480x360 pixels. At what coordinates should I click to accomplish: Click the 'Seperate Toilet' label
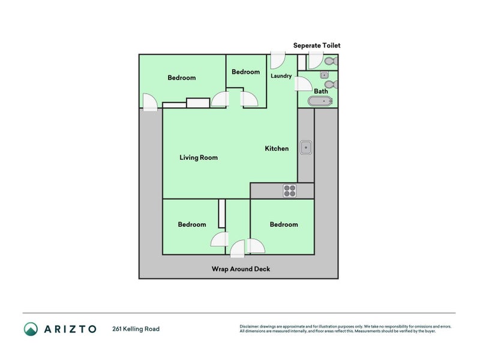point(317,46)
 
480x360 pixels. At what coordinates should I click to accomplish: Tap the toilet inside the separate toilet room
point(329,61)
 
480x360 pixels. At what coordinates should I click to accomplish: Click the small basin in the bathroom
point(324,75)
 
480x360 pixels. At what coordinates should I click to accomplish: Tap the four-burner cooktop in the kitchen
point(290,191)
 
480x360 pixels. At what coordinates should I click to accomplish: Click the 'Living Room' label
point(199,158)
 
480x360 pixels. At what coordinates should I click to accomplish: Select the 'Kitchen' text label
point(277,149)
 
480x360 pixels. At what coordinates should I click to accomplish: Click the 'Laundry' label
point(281,76)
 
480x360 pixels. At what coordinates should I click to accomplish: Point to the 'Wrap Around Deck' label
point(241,269)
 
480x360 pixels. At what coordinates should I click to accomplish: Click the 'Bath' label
point(321,91)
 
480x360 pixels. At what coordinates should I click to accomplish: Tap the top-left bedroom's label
point(181,78)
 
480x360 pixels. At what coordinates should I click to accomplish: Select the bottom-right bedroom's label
point(283,224)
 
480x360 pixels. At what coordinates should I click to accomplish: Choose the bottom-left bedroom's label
point(191,224)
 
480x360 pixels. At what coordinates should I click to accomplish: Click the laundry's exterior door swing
point(277,60)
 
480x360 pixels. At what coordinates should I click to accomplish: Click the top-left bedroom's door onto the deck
point(149,102)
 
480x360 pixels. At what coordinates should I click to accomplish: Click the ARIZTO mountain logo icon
point(31,329)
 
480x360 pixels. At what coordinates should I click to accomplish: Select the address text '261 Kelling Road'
point(136,329)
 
